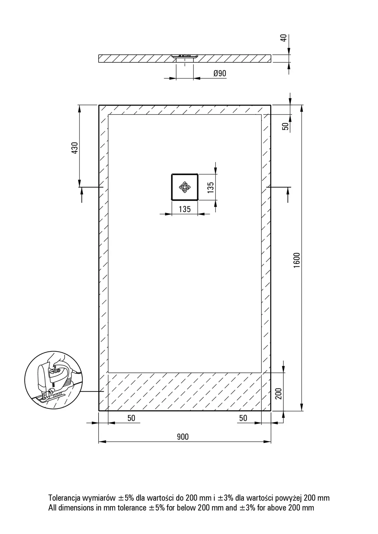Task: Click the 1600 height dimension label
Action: pyautogui.click(x=296, y=260)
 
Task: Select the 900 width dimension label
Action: pyautogui.click(x=183, y=437)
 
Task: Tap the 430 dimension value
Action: pyautogui.click(x=75, y=148)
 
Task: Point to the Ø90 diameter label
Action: pyautogui.click(x=220, y=73)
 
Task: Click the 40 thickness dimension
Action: pyautogui.click(x=283, y=38)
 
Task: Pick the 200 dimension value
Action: pyautogui.click(x=278, y=393)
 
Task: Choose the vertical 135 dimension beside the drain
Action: pyautogui.click(x=210, y=187)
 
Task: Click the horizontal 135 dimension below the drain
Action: pyautogui.click(x=185, y=209)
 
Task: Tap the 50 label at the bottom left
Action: pyautogui.click(x=131, y=418)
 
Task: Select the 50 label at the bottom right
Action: pyautogui.click(x=243, y=418)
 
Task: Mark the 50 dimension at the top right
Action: pyautogui.click(x=285, y=126)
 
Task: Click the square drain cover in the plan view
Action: pyautogui.click(x=184, y=187)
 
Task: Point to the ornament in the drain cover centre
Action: pyautogui.click(x=184, y=187)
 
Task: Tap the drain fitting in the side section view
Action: pyautogui.click(x=184, y=57)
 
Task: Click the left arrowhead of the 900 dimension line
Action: pyautogui.click(x=102, y=442)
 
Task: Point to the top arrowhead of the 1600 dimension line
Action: pyautogui.click(x=301, y=108)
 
